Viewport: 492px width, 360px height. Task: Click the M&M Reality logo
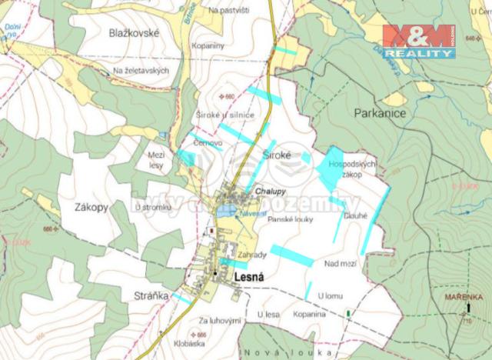419,41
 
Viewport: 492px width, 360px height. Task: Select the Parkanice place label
380,113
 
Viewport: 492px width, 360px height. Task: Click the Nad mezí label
341,264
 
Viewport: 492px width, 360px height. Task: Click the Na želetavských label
140,71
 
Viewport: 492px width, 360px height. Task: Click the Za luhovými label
220,319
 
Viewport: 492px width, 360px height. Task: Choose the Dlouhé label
356,216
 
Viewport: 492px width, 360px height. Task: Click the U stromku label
152,207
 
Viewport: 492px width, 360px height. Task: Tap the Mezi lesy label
156,159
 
